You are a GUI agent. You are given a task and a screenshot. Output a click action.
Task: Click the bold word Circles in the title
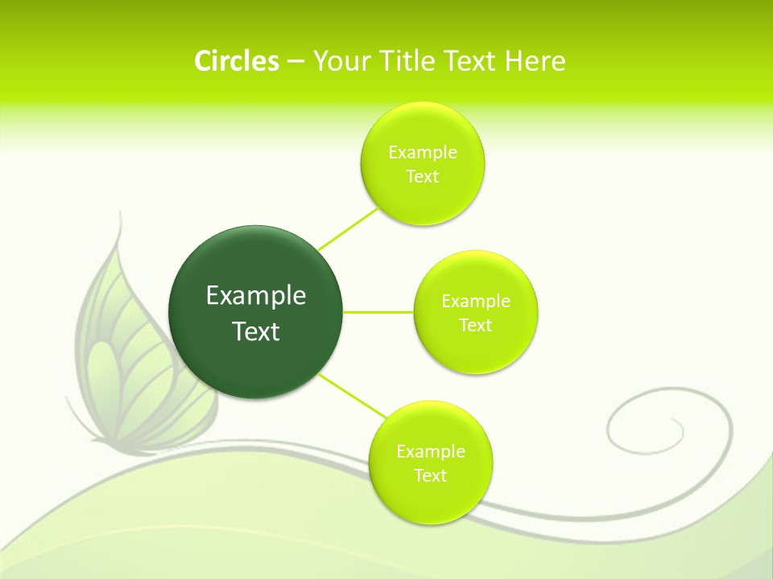pos(236,61)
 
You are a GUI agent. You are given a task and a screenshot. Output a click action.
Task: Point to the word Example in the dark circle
pos(256,296)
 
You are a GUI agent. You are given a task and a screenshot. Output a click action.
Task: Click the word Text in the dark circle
pos(256,331)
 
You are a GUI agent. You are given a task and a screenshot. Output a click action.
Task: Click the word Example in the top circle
pos(423,153)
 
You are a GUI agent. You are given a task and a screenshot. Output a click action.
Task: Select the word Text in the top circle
pos(423,177)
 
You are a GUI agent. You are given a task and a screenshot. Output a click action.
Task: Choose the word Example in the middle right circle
pos(476,302)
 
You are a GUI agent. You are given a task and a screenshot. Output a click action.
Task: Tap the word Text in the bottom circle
pos(431,476)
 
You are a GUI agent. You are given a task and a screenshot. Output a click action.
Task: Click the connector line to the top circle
pos(348,228)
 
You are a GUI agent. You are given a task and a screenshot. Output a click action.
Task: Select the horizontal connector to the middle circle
pos(378,311)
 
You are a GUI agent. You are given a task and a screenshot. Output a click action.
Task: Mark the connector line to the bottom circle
pos(352,396)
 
